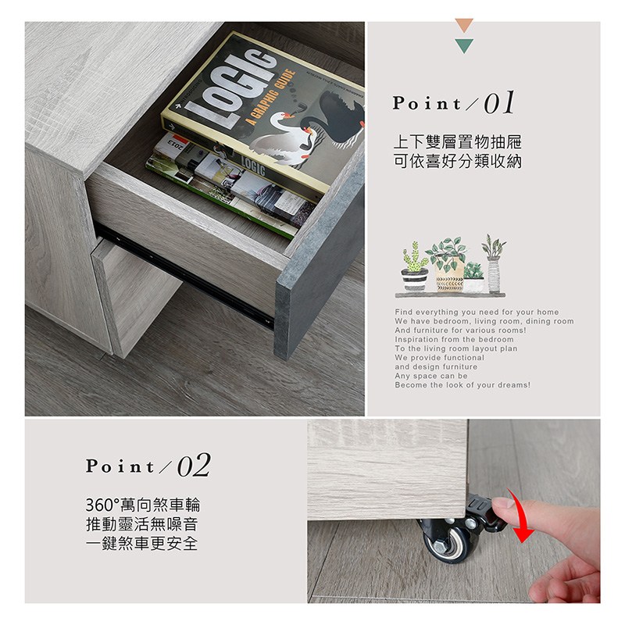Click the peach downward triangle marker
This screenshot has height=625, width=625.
click(464, 25)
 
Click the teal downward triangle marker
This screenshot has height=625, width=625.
click(464, 45)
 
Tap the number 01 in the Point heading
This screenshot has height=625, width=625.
click(499, 103)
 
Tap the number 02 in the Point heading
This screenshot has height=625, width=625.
click(194, 465)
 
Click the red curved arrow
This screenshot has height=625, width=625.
click(521, 516)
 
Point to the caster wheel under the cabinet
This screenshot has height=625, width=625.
click(447, 541)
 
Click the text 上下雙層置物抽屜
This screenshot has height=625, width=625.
click(457, 142)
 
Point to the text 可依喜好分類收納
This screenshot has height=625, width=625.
click(457, 162)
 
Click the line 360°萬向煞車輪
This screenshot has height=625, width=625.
click(143, 505)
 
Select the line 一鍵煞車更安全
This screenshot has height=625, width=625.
click(142, 543)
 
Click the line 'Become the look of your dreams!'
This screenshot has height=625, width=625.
click(462, 385)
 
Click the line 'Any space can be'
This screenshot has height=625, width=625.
click(431, 376)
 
